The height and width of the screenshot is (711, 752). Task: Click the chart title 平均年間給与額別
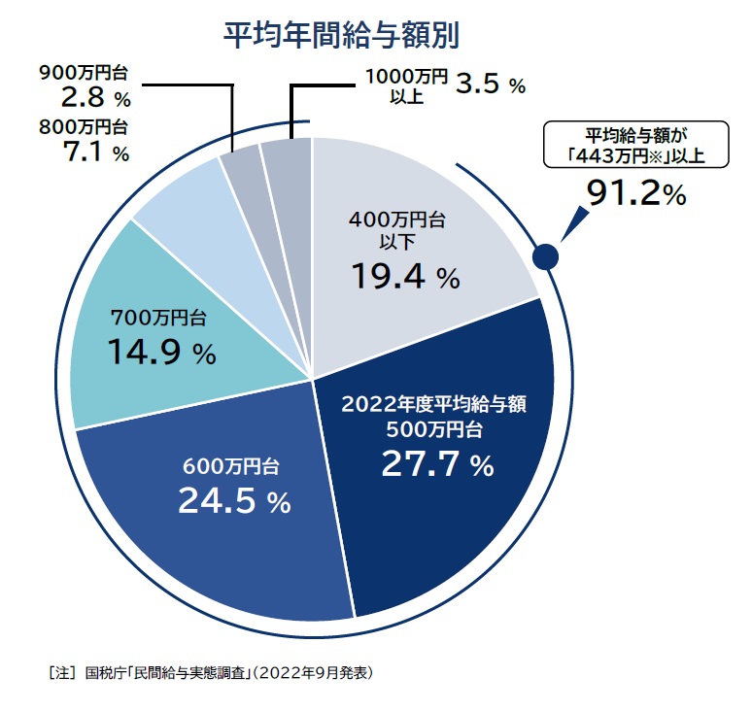(x=341, y=35)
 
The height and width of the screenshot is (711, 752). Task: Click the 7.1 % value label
(x=84, y=152)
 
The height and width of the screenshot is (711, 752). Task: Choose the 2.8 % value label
(x=84, y=97)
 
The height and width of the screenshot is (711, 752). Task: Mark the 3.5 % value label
(x=490, y=85)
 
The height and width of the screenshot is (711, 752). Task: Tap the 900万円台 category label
(x=84, y=72)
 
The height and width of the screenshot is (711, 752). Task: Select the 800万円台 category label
(x=84, y=127)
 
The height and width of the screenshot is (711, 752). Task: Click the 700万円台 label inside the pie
(x=157, y=317)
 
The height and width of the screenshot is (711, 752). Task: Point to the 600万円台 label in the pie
(x=231, y=465)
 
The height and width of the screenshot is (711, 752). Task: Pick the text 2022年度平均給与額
(x=433, y=404)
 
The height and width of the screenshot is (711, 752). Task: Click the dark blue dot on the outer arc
(x=546, y=256)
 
